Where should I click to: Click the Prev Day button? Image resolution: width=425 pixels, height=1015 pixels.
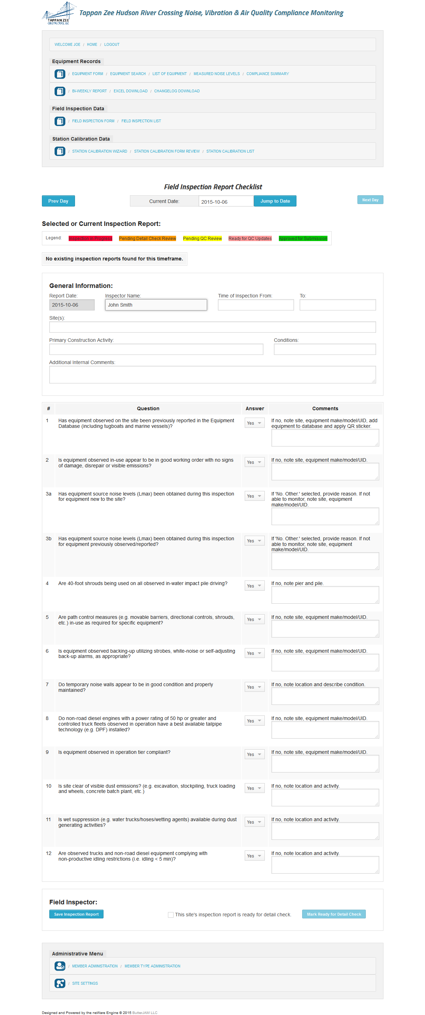pos(58,201)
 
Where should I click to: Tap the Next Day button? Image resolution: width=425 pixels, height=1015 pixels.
pos(370,200)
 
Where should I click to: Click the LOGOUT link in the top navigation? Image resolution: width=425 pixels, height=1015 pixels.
pos(112,44)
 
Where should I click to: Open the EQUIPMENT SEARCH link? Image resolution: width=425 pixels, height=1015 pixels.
pos(128,74)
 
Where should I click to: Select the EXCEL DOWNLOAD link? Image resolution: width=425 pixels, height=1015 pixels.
pos(131,91)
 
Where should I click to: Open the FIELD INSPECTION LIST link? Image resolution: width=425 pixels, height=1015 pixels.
pos(141,121)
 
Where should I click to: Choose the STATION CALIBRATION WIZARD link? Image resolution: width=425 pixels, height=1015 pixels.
pos(100,151)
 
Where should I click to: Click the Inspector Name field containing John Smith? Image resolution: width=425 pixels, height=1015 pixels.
pos(156,305)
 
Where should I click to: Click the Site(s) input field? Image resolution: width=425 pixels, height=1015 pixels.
pos(213,327)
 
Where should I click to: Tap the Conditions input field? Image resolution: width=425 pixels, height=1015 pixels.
pos(325,349)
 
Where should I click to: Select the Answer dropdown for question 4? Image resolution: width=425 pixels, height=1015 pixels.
pos(254,586)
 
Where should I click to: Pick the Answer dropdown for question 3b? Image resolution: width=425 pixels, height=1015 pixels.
pos(254,541)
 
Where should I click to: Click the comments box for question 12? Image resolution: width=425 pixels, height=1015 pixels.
pos(325,865)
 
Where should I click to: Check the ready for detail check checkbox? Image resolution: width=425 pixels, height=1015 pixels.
pos(171,915)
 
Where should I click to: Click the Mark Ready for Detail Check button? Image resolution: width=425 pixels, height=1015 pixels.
pos(334,914)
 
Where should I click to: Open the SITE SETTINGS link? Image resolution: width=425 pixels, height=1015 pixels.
pos(85,984)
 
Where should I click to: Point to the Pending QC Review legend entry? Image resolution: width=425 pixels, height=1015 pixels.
pos(202,238)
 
